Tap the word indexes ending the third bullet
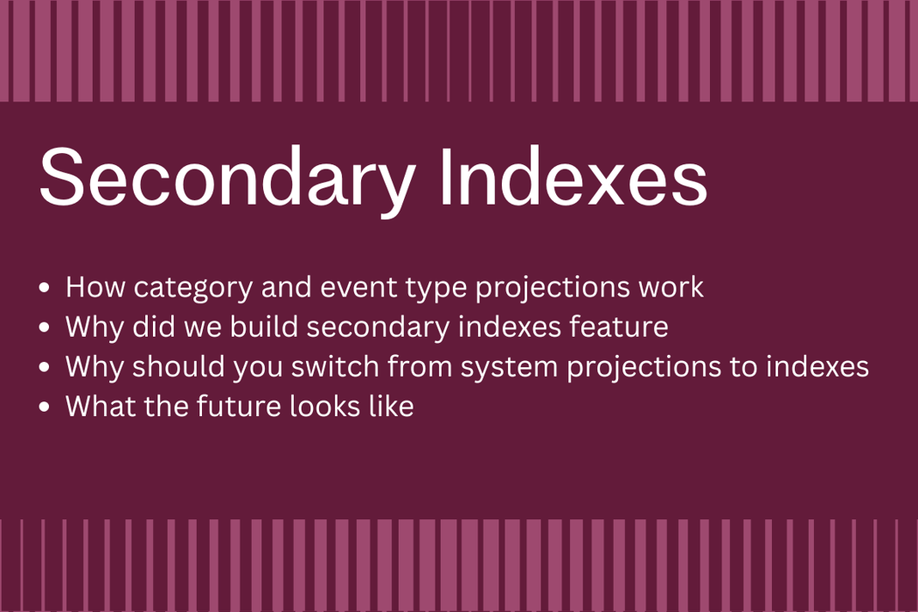[x=817, y=366]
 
